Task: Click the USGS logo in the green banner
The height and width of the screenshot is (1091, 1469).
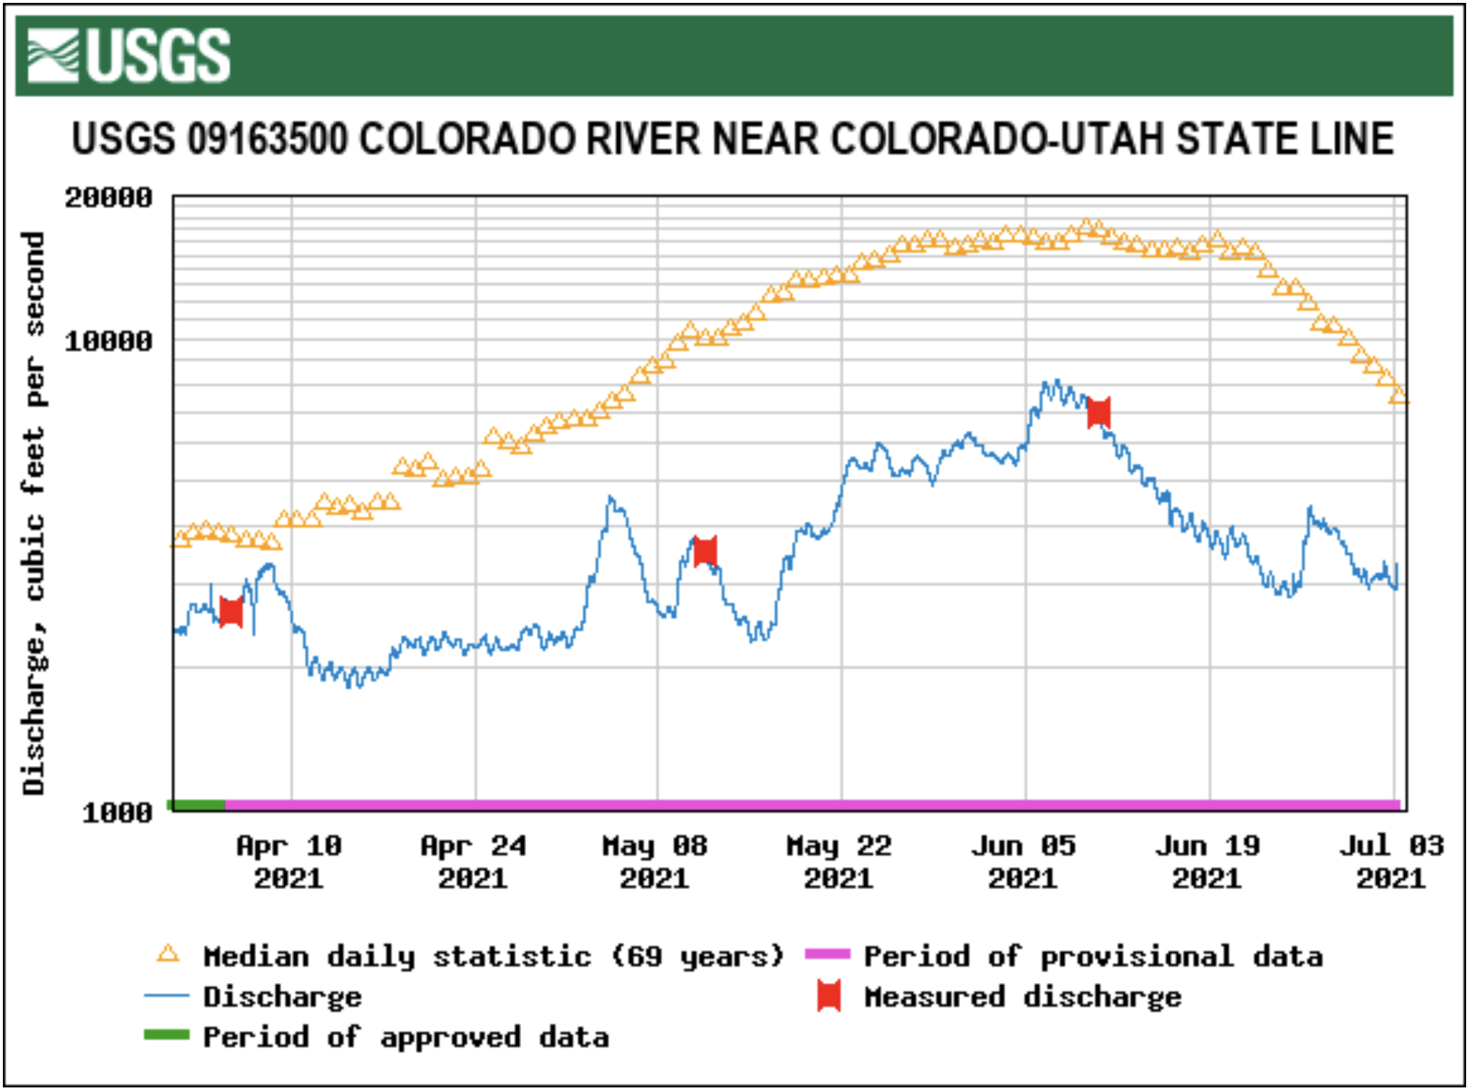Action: [x=128, y=55]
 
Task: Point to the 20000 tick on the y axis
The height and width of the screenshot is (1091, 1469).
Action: [x=109, y=197]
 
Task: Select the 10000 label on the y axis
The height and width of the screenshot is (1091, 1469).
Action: [x=109, y=341]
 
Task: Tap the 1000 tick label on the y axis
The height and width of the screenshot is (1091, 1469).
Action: [x=117, y=813]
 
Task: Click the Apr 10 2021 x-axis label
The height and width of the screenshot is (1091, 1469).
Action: [x=289, y=862]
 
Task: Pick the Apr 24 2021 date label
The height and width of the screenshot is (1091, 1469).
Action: [x=474, y=862]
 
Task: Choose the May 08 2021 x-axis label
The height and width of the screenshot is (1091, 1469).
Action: [x=655, y=862]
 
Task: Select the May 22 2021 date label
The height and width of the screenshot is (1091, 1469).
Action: [x=839, y=862]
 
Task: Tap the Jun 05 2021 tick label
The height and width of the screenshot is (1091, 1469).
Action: [x=1024, y=862]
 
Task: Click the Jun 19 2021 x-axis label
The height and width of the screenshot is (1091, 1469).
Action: [x=1208, y=862]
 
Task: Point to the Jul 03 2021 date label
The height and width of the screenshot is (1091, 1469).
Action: [x=1392, y=862]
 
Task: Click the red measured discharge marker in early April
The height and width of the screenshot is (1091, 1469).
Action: [x=231, y=612]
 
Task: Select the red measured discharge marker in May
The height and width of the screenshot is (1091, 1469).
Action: [x=705, y=551]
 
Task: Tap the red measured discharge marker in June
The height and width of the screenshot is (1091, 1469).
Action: [x=1099, y=412]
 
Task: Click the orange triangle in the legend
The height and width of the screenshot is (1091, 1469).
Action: [x=168, y=955]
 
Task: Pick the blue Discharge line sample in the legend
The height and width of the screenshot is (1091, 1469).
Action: [x=167, y=996]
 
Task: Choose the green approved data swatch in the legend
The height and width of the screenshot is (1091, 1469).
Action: [x=167, y=1036]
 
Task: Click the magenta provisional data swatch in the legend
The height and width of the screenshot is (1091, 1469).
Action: [x=827, y=954]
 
